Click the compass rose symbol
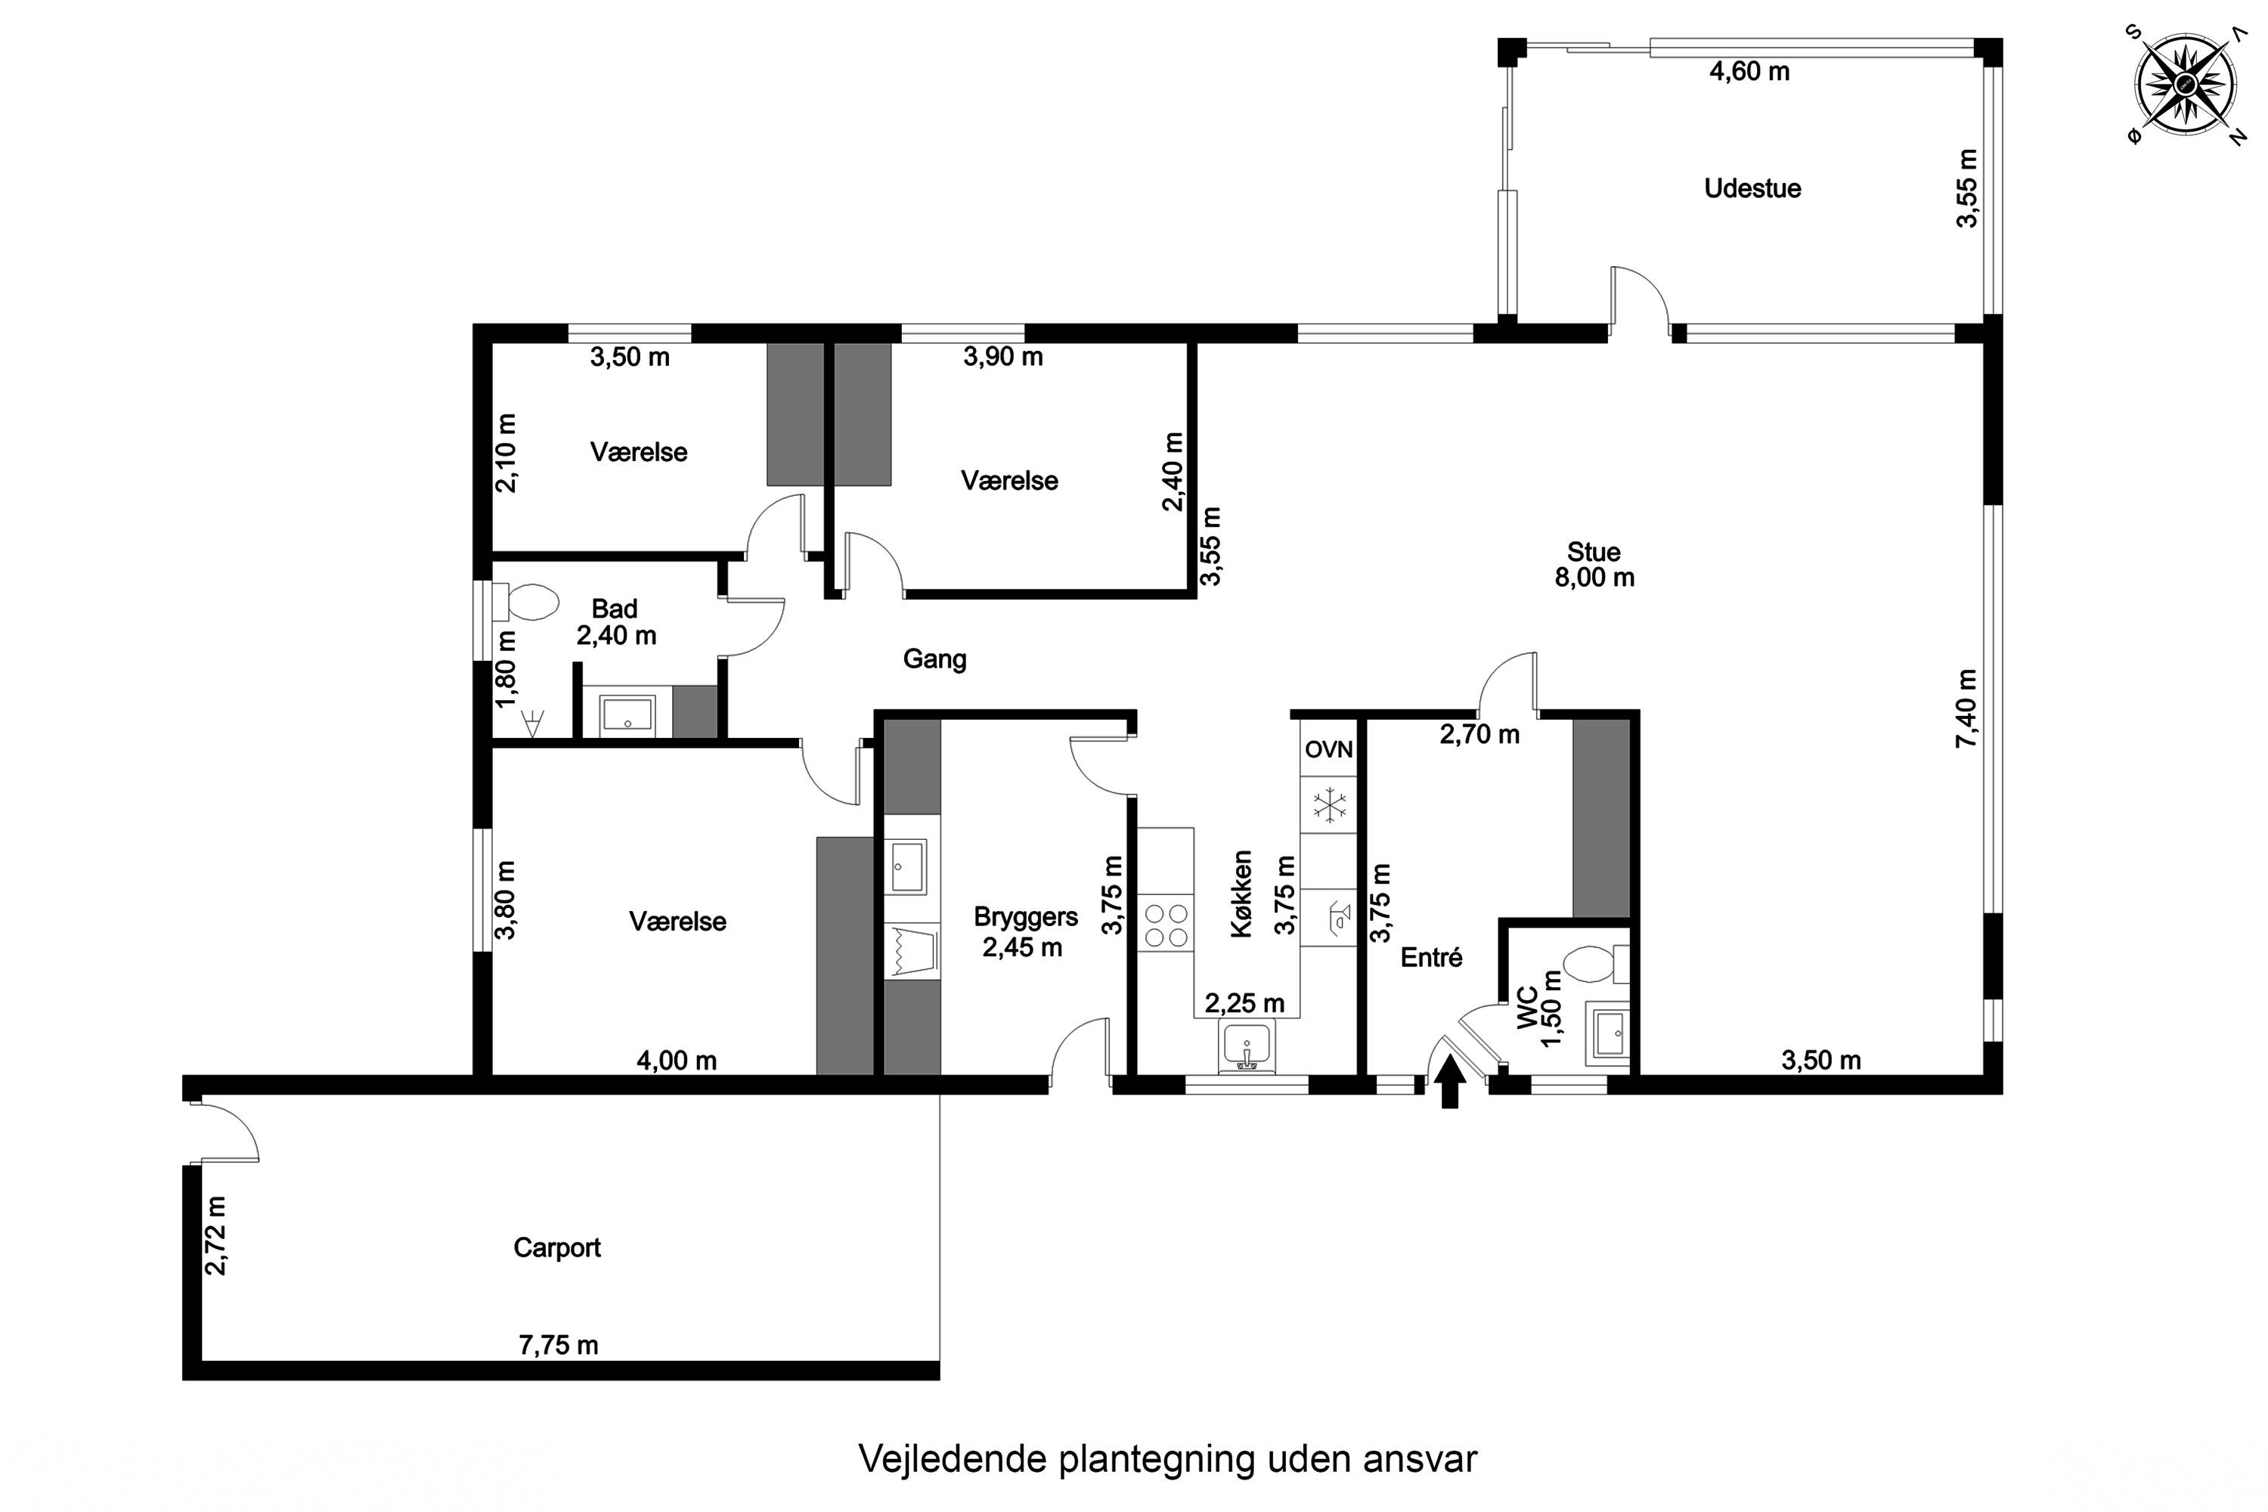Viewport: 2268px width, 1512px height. (2187, 85)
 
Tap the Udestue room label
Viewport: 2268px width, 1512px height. (1752, 188)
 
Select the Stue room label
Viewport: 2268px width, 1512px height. (1593, 552)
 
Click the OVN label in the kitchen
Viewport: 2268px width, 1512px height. (1329, 749)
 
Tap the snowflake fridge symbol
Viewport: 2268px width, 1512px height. (1329, 805)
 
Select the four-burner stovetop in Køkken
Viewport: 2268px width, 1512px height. (1165, 924)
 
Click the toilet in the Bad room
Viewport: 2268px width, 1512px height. (525, 603)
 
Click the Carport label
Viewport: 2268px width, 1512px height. (556, 1248)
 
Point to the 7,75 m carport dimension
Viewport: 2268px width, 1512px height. (559, 1345)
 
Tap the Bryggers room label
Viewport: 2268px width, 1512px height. (1025, 916)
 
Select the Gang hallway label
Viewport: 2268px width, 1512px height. (934, 658)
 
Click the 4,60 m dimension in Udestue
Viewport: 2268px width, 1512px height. (1749, 71)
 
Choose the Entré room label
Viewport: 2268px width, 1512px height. (1431, 958)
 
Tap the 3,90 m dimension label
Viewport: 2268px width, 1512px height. (1003, 357)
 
